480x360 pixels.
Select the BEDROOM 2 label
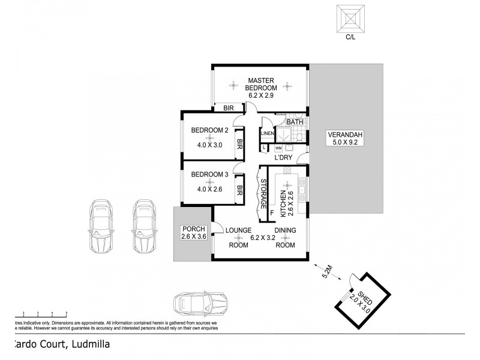209,130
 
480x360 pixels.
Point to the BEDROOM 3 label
209,175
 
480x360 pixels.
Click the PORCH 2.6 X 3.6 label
193,233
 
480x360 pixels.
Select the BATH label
295,122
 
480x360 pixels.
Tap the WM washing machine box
278,148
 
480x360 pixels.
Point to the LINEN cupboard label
266,133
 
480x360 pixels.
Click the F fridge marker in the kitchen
271,212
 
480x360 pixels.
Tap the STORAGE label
263,193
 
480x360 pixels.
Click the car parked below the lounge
200,304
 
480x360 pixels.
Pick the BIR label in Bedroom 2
239,144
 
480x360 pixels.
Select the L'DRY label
283,158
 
